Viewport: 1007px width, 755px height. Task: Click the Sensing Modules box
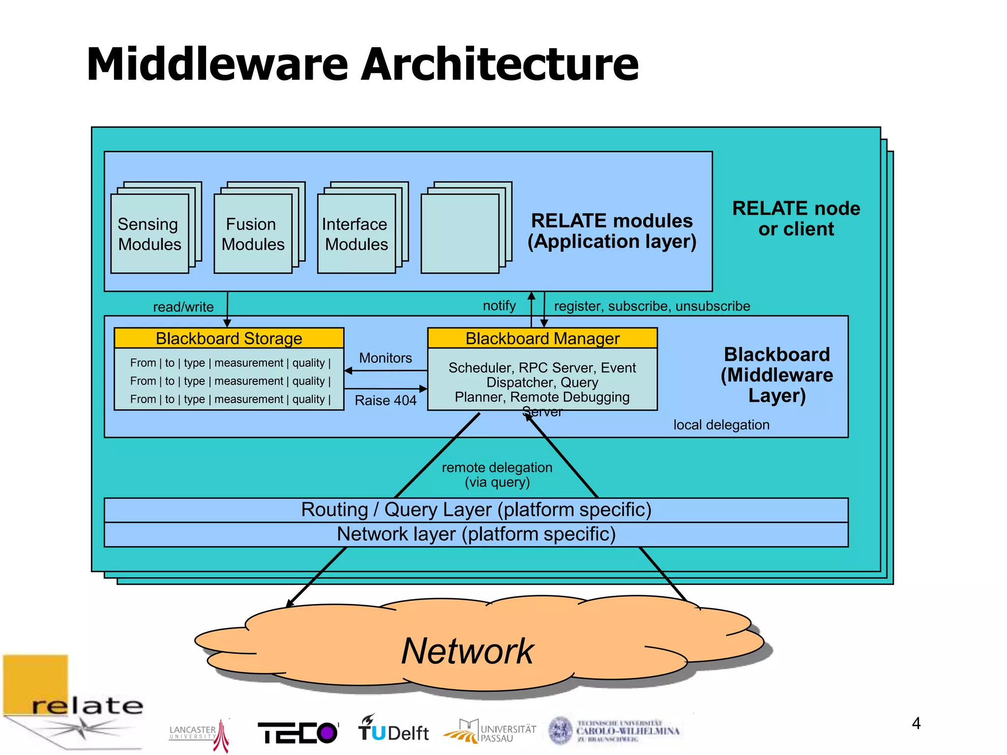[x=149, y=234]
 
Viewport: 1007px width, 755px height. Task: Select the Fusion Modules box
[x=253, y=234]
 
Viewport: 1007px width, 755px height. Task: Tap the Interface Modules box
[x=356, y=234]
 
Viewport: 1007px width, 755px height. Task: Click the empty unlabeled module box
[x=460, y=234]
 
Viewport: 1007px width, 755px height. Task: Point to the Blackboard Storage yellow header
[x=229, y=338]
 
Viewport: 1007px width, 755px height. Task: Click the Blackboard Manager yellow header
[x=542, y=338]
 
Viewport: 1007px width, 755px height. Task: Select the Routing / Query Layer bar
[x=476, y=510]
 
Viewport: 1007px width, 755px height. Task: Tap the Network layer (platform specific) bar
[x=476, y=534]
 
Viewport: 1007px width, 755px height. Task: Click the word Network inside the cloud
[x=467, y=651]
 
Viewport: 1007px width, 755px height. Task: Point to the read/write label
[x=183, y=307]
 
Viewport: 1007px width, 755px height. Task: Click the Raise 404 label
[x=385, y=401]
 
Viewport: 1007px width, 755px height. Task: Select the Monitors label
[x=385, y=358]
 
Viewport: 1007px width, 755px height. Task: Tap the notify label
[x=499, y=306]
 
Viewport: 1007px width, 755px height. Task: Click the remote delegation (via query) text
[x=497, y=474]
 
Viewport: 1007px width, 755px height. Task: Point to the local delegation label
[x=721, y=425]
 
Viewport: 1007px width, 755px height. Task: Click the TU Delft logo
[x=393, y=729]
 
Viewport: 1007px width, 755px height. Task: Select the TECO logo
[x=298, y=732]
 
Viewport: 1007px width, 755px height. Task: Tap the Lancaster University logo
[x=199, y=733]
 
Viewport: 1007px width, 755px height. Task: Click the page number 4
[x=916, y=723]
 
